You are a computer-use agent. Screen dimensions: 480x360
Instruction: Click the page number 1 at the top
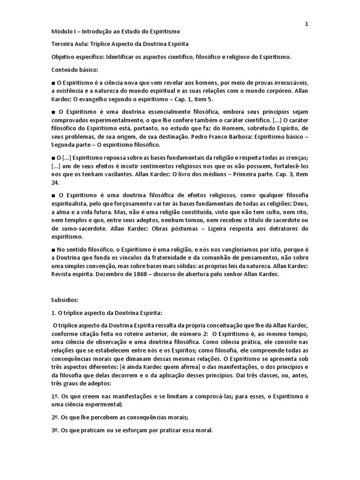coord(307,24)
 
